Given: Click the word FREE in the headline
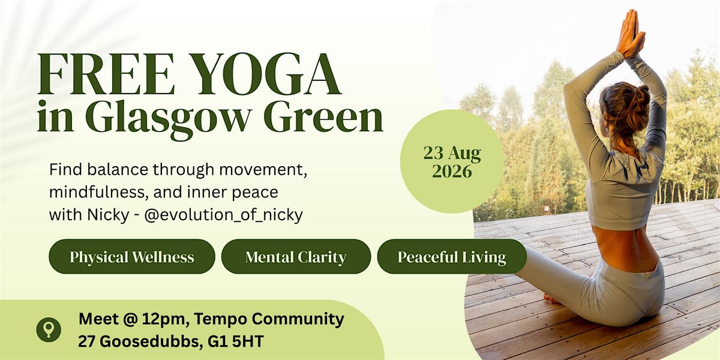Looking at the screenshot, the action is point(106,74).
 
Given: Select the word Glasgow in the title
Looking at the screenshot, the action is point(169,118).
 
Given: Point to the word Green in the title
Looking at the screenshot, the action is point(325,116).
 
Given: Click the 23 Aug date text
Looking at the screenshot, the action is point(452,154).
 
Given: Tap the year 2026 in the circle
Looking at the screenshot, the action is point(452,172).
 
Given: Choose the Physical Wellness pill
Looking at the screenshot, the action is point(132,257).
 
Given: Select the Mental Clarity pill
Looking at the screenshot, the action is point(296,257).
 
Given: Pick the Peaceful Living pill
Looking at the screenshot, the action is point(452,257).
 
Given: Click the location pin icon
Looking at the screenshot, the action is point(49,329).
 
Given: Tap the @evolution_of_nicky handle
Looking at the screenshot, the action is point(223,215).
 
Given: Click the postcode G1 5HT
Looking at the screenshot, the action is point(236,341).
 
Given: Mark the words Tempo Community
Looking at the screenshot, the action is point(269,319).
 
